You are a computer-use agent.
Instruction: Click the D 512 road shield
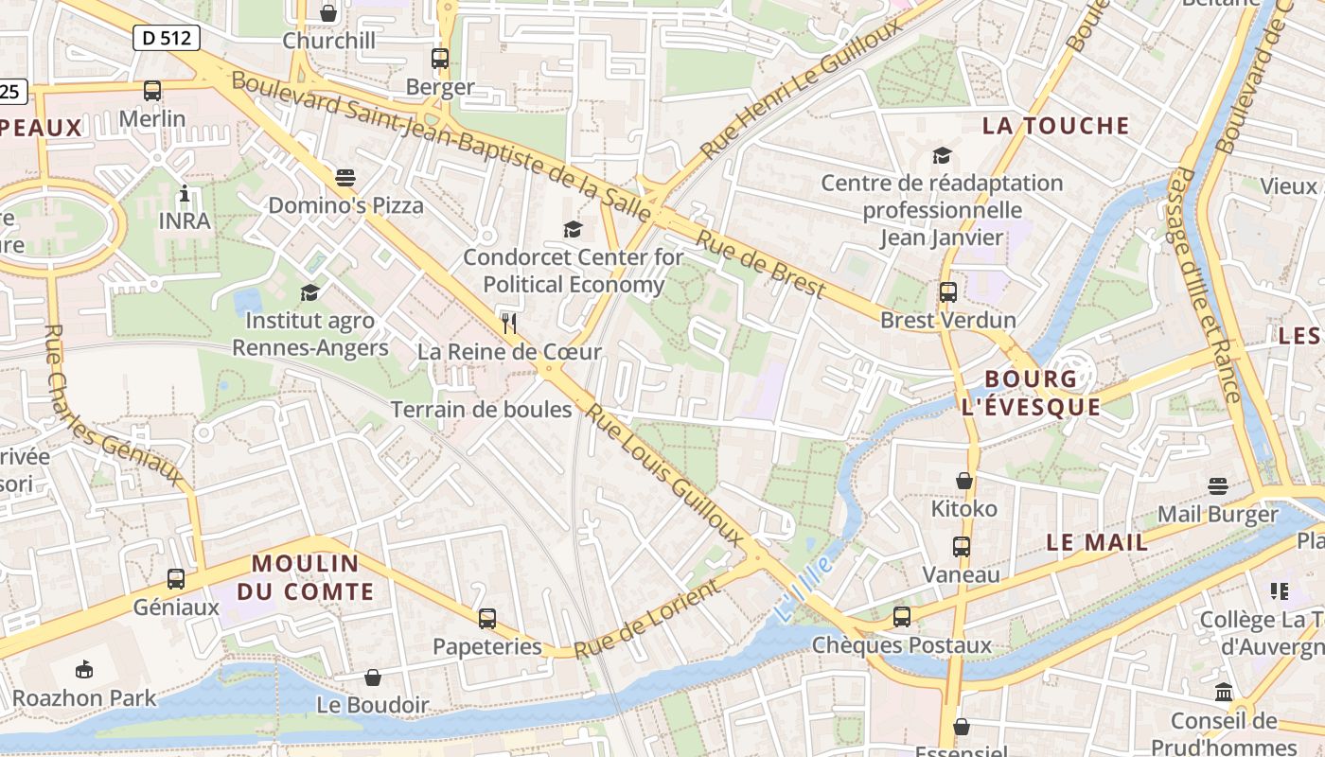(x=167, y=38)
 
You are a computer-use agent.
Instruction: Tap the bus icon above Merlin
(x=152, y=91)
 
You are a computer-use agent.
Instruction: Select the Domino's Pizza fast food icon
(x=345, y=177)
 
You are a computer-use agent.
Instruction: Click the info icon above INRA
(x=185, y=194)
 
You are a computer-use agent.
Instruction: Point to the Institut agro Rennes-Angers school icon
(x=309, y=292)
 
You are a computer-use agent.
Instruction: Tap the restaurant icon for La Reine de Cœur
(x=509, y=324)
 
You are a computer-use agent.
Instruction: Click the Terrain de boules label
(x=481, y=410)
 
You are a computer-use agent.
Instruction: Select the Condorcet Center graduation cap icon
(x=573, y=229)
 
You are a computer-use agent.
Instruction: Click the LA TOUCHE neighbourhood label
(x=1055, y=126)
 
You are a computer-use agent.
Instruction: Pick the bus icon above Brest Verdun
(x=947, y=292)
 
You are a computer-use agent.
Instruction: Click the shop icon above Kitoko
(x=964, y=481)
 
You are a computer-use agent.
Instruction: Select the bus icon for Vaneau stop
(x=962, y=546)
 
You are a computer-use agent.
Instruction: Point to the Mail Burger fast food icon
(x=1217, y=486)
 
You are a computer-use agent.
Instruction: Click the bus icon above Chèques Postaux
(x=902, y=617)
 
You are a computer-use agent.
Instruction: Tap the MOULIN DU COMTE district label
(x=305, y=577)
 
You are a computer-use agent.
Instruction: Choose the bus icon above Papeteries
(x=486, y=619)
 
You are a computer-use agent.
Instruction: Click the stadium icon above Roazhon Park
(x=84, y=669)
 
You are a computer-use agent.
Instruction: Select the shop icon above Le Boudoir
(x=373, y=677)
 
